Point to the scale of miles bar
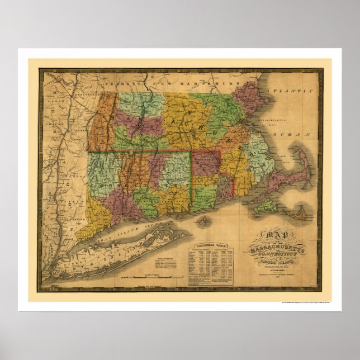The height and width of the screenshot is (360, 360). click(151, 277)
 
